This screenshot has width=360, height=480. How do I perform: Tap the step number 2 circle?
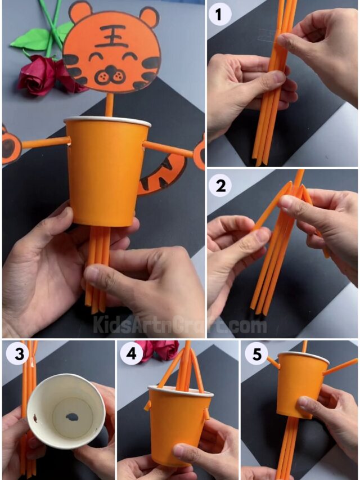220,185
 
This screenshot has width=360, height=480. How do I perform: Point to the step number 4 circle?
131,355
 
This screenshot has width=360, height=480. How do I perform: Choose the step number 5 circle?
256,355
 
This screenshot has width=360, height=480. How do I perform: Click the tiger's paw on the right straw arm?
200,152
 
